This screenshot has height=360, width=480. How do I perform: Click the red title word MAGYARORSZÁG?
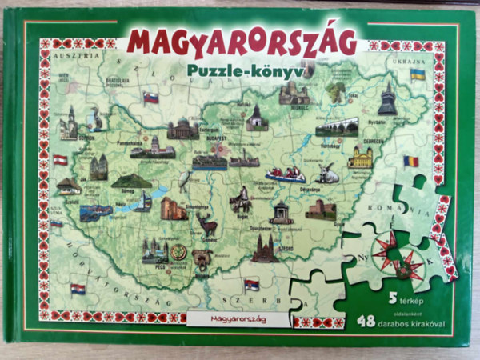tap(241, 42)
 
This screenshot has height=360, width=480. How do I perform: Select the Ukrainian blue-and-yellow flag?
tap(417, 74)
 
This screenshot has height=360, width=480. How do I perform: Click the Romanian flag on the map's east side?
tap(411, 161)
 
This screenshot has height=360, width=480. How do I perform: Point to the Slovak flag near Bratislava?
tap(150, 98)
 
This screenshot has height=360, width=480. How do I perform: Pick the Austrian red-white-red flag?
tap(61, 160)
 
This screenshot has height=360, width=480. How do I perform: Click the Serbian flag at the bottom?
tap(251, 284)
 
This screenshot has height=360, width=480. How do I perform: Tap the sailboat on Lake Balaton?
tap(143, 202)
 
